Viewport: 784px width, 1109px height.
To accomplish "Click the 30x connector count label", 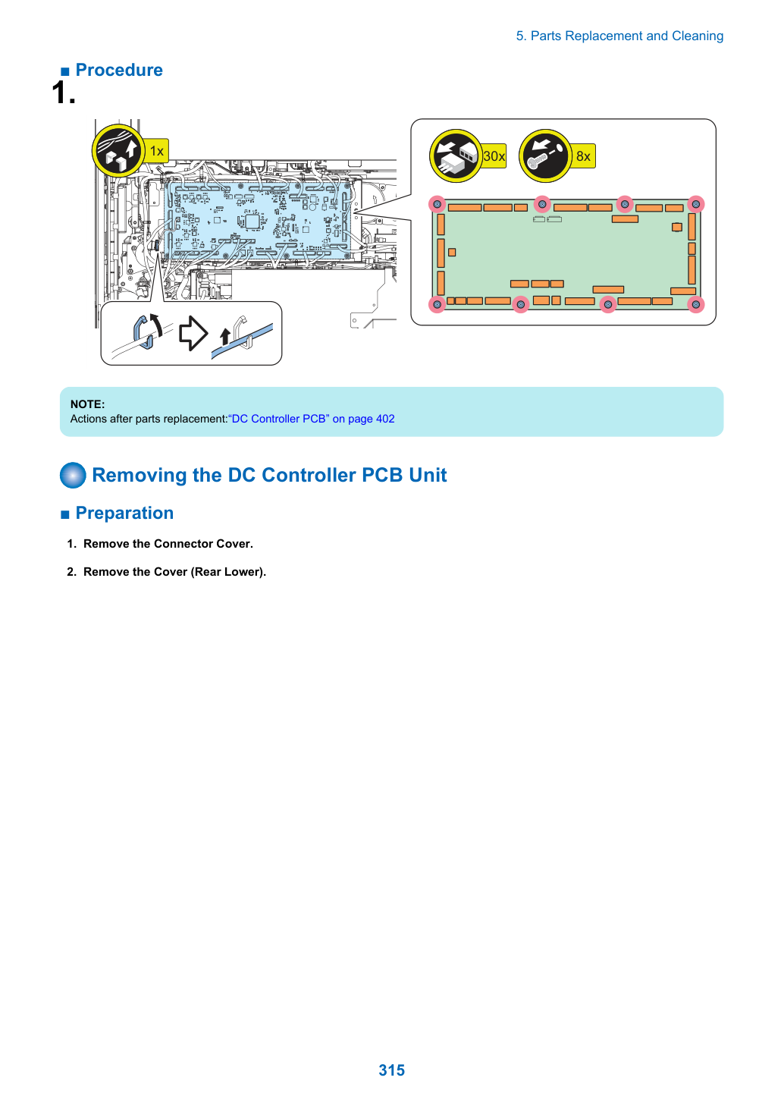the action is pos(494,156).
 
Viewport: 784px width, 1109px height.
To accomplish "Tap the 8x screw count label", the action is pos(583,156).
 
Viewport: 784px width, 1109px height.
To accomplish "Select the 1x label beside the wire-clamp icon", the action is pos(156,150).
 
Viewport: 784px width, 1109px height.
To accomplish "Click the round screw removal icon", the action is pos(545,156).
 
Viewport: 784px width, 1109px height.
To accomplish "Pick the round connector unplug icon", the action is pos(456,156).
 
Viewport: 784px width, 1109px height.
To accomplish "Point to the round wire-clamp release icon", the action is pos(118,150).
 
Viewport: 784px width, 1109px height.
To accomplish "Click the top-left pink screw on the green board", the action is pos(437,204).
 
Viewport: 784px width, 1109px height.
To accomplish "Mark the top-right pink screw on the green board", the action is pos(695,204).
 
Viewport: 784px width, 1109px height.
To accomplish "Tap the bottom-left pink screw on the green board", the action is pos(437,304).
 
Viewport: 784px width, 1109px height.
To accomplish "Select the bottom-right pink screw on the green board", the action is pos(695,304).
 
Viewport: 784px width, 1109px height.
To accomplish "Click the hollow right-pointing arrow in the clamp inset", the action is pos(193,333).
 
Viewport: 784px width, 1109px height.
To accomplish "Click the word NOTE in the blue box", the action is pos(88,404).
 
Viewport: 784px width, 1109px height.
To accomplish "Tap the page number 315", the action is pos(391,1070).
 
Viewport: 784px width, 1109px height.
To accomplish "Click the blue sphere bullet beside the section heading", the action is pos(73,476).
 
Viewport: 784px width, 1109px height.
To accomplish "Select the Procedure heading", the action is pos(119,71).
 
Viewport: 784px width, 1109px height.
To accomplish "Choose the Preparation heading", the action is pos(124,513).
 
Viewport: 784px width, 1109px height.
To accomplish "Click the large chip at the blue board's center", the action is pos(252,221).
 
